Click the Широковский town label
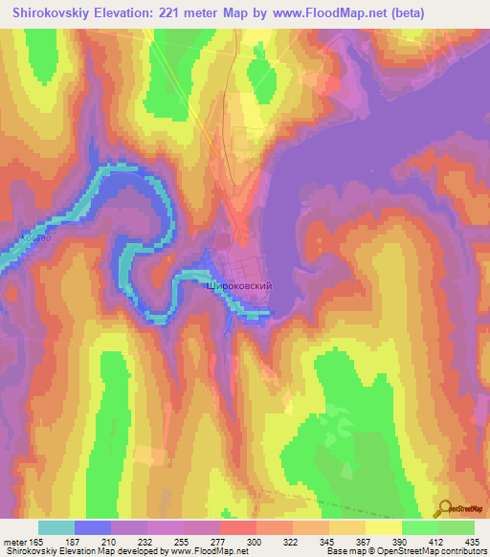coord(240,285)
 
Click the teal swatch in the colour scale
coord(56,527)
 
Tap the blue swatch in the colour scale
coord(93,527)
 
